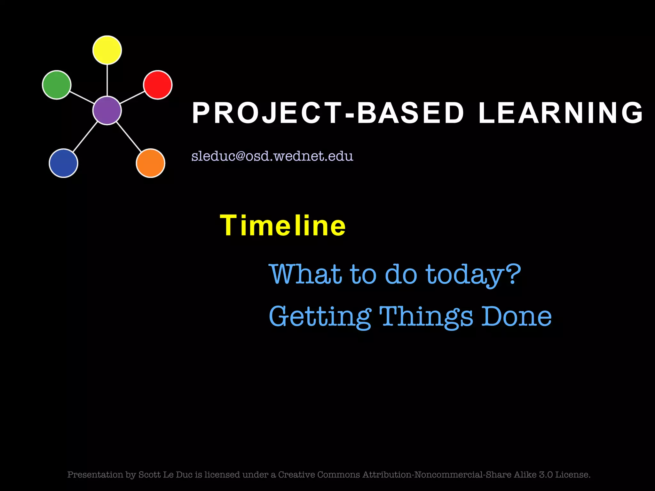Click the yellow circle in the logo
(x=107, y=50)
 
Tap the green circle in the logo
(x=57, y=85)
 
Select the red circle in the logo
(x=158, y=85)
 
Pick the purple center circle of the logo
(x=107, y=110)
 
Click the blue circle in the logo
(x=63, y=163)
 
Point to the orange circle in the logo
(x=150, y=163)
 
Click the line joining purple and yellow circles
(x=107, y=80)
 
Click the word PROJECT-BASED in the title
(x=328, y=113)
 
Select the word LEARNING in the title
(x=560, y=113)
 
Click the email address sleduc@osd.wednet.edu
(x=272, y=156)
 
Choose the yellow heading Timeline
(x=283, y=226)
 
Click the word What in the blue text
(x=305, y=274)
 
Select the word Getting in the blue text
(x=320, y=316)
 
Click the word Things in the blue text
(x=426, y=316)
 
